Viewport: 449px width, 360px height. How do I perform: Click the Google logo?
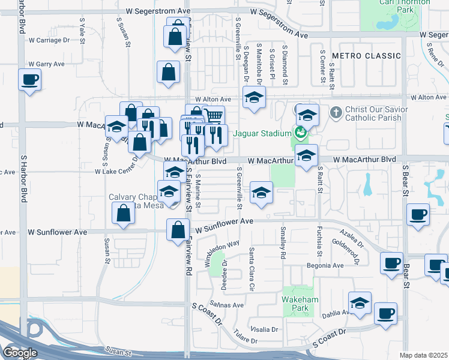click(x=20, y=353)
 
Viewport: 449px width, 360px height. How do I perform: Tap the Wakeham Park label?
click(x=298, y=303)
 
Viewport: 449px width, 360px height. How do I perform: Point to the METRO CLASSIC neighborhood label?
click(x=366, y=56)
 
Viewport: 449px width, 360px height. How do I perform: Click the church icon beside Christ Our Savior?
click(x=336, y=112)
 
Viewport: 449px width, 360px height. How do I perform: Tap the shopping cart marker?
click(x=213, y=115)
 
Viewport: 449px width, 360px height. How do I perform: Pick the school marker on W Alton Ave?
click(x=254, y=97)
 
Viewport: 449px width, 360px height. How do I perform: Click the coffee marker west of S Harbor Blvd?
click(x=29, y=80)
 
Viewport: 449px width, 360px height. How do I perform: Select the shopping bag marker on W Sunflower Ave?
click(x=178, y=230)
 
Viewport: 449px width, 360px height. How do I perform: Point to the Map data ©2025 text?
click(x=424, y=355)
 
